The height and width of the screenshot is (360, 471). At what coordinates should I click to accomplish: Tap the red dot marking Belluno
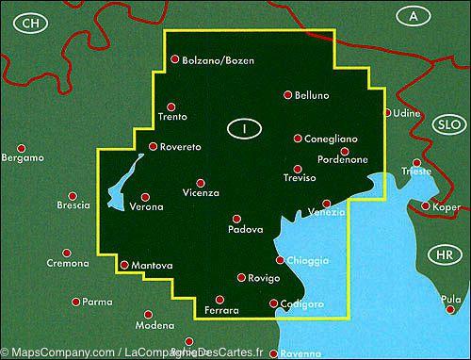tap(288, 94)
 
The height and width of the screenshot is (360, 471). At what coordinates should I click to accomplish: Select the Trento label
tap(174, 117)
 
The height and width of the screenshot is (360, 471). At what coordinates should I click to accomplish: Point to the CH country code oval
tap(32, 22)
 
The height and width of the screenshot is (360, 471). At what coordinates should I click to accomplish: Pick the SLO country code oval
tap(447, 124)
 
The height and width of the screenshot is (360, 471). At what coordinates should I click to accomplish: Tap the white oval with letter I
tap(244, 127)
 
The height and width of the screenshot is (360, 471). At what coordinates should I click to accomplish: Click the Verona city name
tap(147, 206)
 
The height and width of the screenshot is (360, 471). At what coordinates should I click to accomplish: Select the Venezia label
tap(327, 213)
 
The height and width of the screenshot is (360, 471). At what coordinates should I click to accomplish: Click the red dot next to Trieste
tap(416, 162)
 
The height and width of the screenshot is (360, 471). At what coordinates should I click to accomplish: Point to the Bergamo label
tap(24, 157)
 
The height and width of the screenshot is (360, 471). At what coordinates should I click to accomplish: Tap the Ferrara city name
tap(221, 310)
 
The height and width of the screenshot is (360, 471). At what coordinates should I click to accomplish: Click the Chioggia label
tap(308, 260)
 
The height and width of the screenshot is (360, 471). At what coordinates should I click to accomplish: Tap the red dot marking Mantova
tap(124, 265)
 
